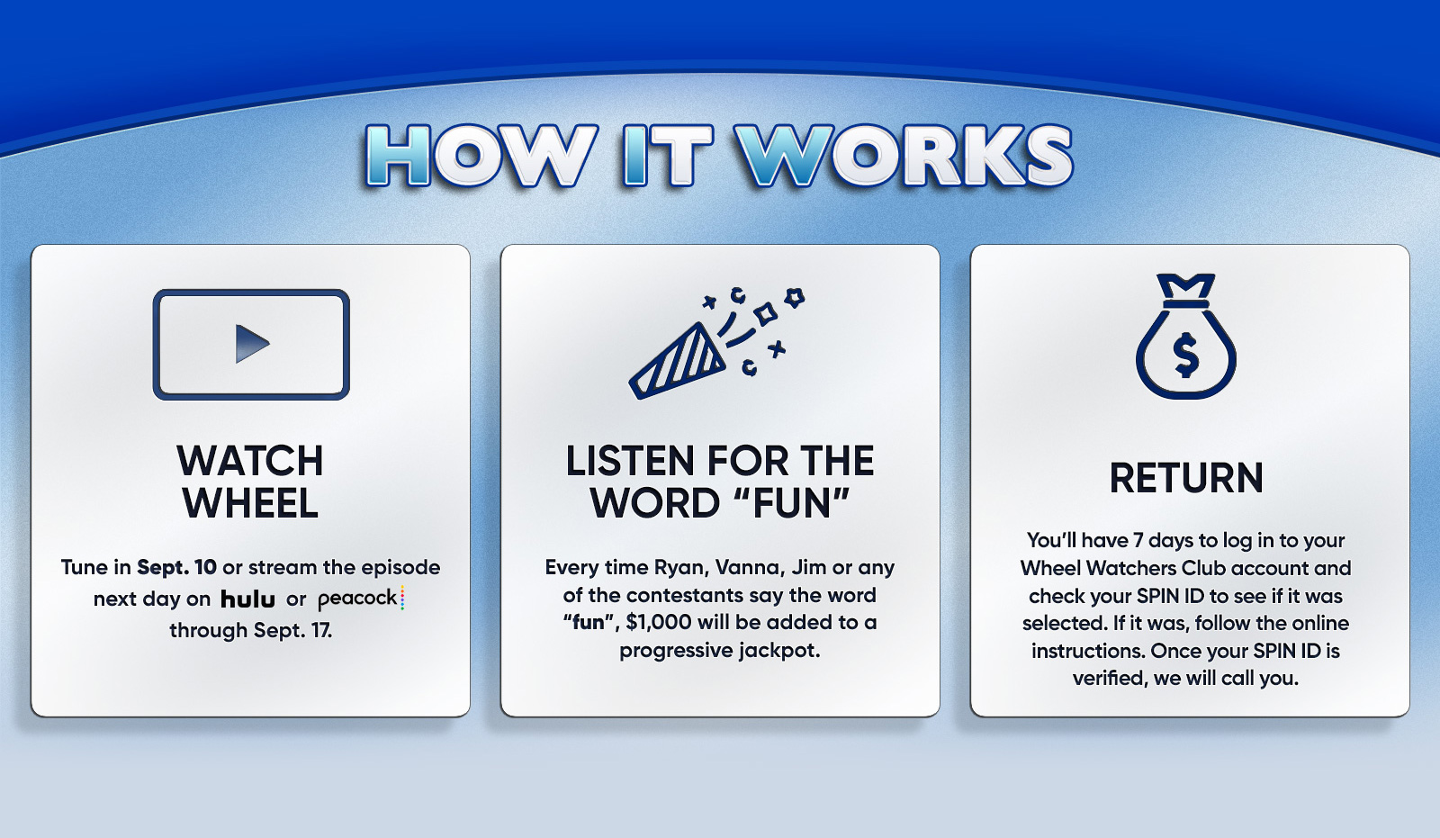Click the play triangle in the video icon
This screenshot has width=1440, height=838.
coord(251,344)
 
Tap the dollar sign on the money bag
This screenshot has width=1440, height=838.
coord(1186,356)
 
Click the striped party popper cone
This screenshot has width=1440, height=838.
coord(677,362)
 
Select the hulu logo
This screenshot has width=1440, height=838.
coord(247,599)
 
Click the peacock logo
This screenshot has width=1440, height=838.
coord(361,599)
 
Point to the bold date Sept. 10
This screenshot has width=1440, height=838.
coord(176,567)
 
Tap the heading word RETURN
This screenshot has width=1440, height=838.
coord(1186,478)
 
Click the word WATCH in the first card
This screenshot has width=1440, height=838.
coord(250,461)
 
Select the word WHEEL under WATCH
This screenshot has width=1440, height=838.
coord(250,503)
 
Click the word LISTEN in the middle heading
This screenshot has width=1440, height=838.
coord(621,461)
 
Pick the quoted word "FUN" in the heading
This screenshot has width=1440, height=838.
coord(793,503)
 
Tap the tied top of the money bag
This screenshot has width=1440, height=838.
coord(1186,291)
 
